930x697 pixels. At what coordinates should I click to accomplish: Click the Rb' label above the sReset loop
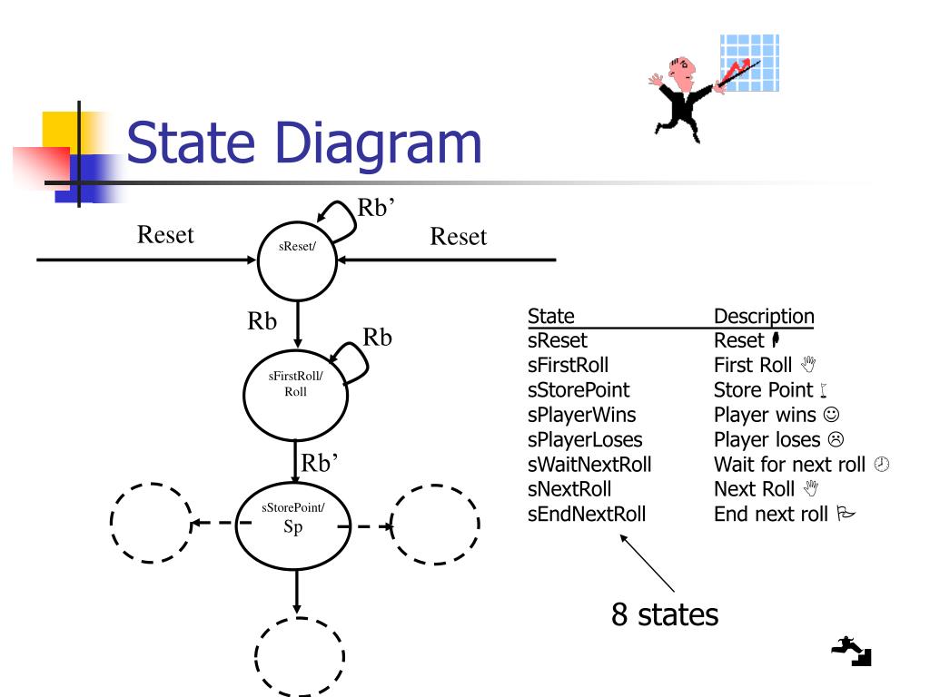click(376, 208)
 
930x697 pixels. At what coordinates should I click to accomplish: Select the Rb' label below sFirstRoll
click(320, 463)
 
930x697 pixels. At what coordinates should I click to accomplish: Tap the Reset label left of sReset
click(165, 235)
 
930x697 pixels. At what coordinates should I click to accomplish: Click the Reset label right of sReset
click(459, 237)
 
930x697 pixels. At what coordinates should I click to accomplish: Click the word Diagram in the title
click(379, 144)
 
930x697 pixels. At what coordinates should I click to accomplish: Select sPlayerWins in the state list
click(582, 415)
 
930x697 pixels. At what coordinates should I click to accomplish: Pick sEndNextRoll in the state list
click(587, 514)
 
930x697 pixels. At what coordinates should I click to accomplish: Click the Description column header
click(764, 316)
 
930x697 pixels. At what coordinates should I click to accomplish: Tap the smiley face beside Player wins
click(832, 414)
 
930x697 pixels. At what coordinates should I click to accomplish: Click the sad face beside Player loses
click(836, 439)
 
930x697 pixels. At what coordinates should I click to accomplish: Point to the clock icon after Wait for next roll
click(882, 464)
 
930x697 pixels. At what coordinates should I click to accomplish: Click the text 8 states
click(665, 614)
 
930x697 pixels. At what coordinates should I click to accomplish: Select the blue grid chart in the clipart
click(749, 63)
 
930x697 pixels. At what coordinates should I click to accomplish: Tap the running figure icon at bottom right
click(852, 651)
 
